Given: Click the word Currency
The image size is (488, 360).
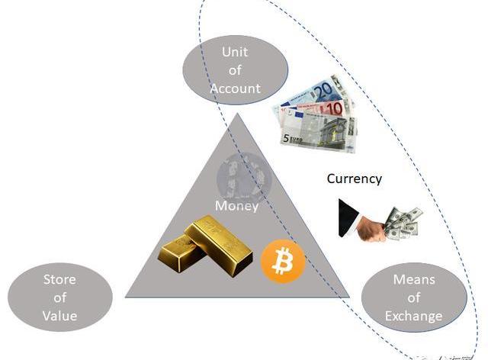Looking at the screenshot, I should pos(354,178).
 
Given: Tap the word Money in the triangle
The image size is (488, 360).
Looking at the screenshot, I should pos(236,206).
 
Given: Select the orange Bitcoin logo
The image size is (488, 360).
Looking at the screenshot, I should pos(283,262).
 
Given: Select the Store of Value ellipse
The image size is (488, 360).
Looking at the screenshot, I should pos(59,297).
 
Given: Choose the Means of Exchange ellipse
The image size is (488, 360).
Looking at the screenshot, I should pos(413,297).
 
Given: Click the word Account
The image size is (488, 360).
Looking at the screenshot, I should pos(236,88).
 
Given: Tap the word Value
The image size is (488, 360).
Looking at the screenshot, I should pos(59,314).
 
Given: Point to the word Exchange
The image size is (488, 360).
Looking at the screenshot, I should pos(413,315).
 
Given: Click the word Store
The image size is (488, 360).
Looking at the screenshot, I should pos(59,279).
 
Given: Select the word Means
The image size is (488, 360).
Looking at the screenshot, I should pos(413,280).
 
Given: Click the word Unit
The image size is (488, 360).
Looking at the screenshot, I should pos(236,53).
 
